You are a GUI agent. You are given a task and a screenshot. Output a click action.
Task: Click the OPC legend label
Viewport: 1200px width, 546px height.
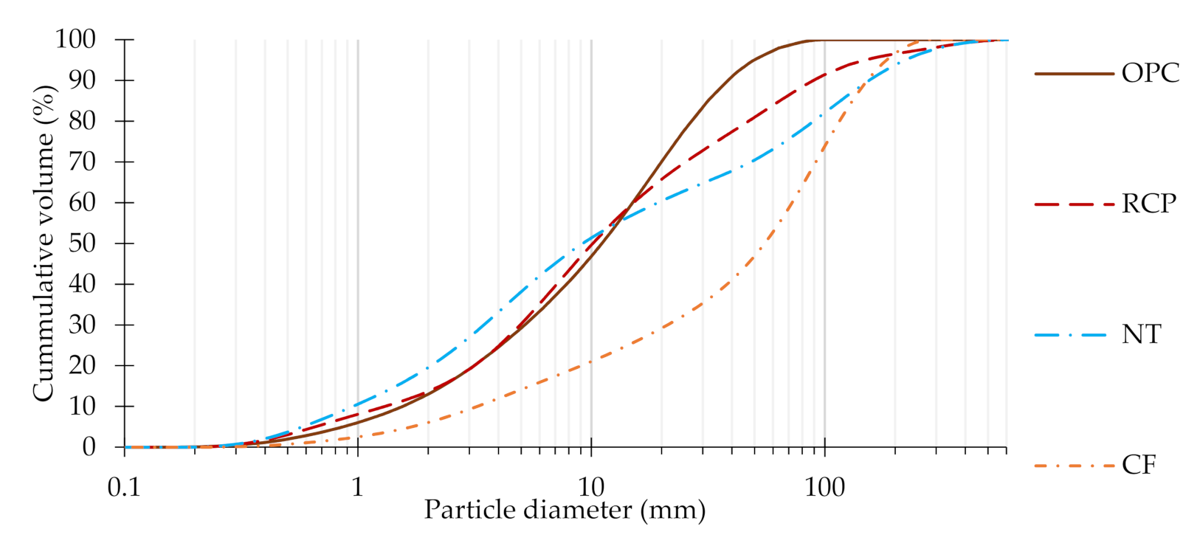pyautogui.click(x=1151, y=73)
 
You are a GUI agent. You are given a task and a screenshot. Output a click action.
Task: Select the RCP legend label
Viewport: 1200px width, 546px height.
pyautogui.click(x=1149, y=204)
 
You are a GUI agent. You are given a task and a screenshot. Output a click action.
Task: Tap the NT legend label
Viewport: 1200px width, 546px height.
pyautogui.click(x=1142, y=335)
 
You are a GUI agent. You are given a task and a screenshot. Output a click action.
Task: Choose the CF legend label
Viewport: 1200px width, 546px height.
pyautogui.click(x=1139, y=466)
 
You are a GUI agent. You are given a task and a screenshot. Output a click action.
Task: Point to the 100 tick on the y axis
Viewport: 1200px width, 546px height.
pyautogui.click(x=76, y=39)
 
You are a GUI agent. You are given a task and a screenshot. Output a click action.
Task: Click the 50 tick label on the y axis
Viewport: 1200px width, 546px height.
pyautogui.click(x=83, y=243)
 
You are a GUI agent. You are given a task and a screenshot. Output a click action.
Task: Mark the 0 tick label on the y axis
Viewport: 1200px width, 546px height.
pyautogui.click(x=89, y=447)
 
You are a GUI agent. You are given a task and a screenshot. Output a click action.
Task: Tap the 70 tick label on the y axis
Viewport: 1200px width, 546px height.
pyautogui.click(x=83, y=162)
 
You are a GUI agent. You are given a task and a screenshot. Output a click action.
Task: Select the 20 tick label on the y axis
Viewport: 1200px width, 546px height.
pyautogui.click(x=83, y=365)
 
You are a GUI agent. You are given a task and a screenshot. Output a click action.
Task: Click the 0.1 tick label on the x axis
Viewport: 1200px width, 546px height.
pyautogui.click(x=124, y=487)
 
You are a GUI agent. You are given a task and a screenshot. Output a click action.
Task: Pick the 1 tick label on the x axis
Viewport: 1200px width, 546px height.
pyautogui.click(x=358, y=487)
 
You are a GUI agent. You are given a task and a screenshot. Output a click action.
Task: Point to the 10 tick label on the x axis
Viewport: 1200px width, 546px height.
pyautogui.click(x=591, y=487)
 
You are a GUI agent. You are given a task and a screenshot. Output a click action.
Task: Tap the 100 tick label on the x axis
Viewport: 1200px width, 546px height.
pyautogui.click(x=824, y=487)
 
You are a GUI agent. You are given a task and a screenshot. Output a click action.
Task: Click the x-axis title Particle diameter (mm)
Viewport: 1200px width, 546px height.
pyautogui.click(x=565, y=510)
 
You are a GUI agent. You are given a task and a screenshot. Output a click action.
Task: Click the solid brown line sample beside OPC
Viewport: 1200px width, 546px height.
pyautogui.click(x=1074, y=74)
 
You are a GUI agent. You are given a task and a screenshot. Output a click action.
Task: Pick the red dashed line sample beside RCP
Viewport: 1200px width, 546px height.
pyautogui.click(x=1074, y=204)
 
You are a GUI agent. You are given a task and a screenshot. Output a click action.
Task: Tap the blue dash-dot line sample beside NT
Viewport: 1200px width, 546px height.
pyautogui.click(x=1074, y=335)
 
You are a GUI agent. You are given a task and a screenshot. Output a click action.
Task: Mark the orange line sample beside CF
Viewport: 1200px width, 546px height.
pyautogui.click(x=1074, y=466)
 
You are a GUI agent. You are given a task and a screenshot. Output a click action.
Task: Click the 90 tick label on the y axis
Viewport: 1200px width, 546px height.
pyautogui.click(x=83, y=80)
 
